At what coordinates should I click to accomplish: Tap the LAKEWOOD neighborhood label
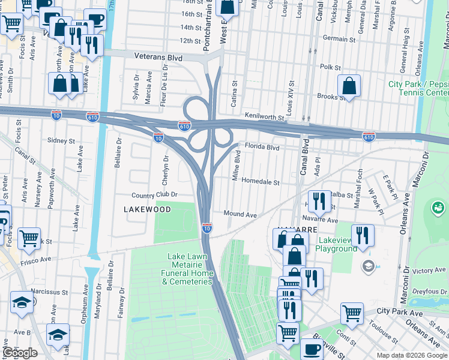tap(147, 209)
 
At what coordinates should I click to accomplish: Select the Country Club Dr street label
tap(155, 195)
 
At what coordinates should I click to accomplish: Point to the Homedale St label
tap(261, 182)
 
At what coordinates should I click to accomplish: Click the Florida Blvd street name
tap(262, 147)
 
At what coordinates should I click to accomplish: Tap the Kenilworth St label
tap(264, 116)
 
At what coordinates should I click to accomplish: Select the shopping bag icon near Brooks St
tap(349, 87)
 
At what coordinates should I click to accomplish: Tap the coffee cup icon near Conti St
tap(310, 349)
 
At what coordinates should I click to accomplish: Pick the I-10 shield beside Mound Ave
tap(206, 228)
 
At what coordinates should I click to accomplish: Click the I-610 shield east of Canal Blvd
tap(369, 137)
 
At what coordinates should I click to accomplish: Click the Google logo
tap(20, 353)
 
